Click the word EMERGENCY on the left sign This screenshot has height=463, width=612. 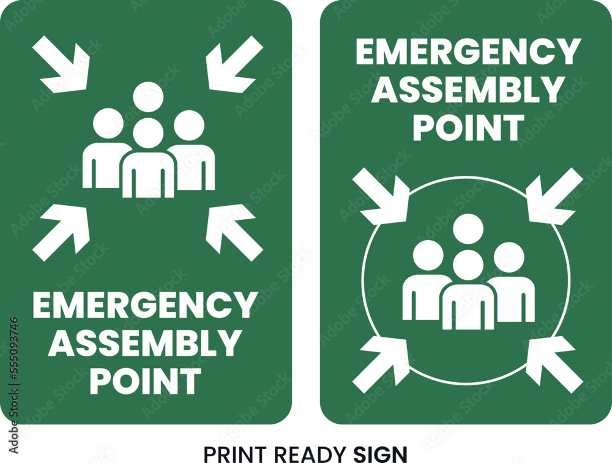144,305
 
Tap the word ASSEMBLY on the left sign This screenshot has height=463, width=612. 144,343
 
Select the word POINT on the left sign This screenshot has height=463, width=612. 145,381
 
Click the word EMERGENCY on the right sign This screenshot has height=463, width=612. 468,52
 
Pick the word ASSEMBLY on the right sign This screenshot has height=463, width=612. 468,90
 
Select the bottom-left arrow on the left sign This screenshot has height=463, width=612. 62,230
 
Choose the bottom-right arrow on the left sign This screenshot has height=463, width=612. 233,230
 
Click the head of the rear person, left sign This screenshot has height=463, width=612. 148,97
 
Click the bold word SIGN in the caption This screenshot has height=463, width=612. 380,454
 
